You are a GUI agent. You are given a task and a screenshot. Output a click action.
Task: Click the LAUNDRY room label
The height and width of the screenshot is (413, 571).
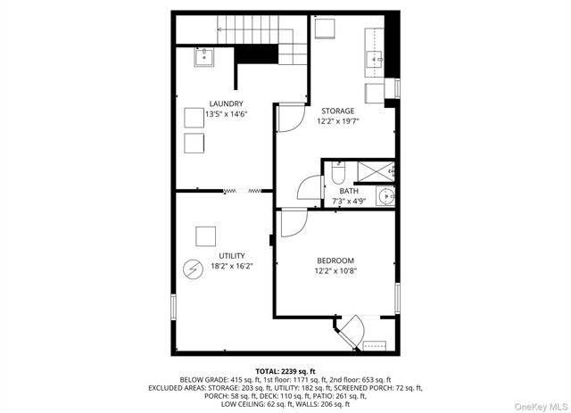tap(226, 103)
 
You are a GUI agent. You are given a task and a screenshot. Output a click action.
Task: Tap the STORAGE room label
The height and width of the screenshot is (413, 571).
tap(338, 111)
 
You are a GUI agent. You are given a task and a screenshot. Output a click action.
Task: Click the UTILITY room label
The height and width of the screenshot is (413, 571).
tap(232, 255)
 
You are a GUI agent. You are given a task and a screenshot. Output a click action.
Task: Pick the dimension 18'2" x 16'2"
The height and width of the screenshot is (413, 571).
tap(232, 265)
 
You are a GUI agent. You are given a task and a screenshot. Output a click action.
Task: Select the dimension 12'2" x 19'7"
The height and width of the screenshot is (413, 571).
tap(338, 121)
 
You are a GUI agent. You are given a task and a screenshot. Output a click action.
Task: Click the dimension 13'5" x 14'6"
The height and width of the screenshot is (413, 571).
tap(226, 114)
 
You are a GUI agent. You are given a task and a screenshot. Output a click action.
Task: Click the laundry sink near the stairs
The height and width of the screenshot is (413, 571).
tap(204, 57)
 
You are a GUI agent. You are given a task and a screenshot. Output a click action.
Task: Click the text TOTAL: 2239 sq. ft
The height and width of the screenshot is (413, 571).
tap(285, 369)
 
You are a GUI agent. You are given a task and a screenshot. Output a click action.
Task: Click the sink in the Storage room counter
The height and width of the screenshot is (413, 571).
tap(374, 62)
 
